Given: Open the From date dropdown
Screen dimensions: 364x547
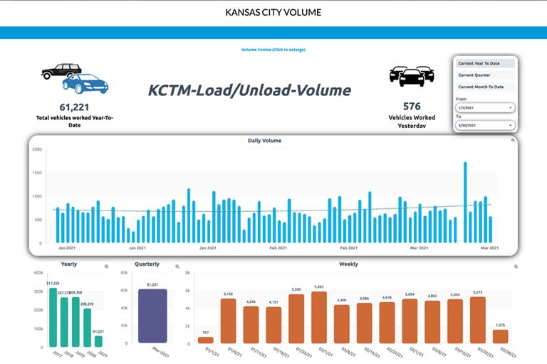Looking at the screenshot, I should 484,107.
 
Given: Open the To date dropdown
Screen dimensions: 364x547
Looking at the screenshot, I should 484,125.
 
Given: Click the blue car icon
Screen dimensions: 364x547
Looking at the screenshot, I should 85,84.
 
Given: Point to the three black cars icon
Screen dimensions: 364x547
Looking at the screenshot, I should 412,75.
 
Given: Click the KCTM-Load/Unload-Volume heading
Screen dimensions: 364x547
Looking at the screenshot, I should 249,90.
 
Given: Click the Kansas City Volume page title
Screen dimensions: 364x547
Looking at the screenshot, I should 273,12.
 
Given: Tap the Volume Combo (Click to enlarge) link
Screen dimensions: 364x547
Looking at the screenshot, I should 273,50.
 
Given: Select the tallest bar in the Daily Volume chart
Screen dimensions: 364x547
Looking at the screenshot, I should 465,202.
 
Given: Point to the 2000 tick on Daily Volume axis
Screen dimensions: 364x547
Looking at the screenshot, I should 37,150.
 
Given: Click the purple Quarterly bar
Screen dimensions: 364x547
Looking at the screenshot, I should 152,316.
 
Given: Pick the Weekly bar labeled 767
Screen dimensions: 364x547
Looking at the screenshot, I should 206,340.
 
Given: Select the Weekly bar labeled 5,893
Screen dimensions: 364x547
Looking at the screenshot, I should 319,317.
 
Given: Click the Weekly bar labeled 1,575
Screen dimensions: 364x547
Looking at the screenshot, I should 501,336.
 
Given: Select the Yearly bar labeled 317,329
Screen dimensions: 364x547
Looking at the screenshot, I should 52,316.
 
